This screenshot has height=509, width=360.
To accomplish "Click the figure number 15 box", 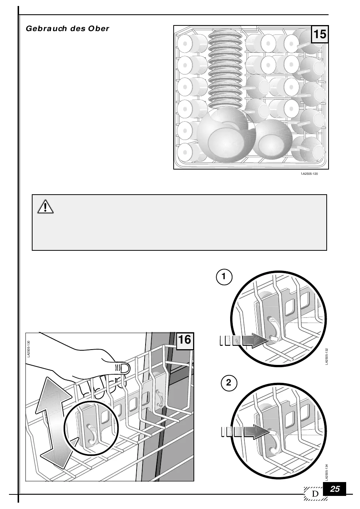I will pos(320,34).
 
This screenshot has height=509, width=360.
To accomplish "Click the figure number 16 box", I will pos(184,340).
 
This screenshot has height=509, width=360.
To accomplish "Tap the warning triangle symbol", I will pos(46,206).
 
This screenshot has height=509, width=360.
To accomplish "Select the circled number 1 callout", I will pos(224,277).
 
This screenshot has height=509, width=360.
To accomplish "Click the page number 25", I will pos(335,489).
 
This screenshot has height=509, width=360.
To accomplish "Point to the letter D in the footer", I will pos(315,494).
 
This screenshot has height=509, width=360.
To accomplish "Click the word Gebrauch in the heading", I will pos(46,28).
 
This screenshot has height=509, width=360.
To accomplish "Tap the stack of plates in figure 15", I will pos(225,67).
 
